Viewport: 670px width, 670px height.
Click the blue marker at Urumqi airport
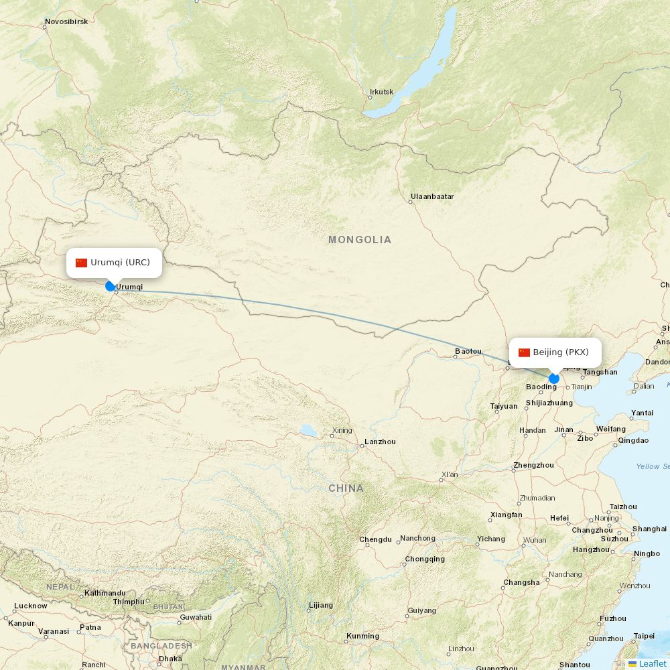111,286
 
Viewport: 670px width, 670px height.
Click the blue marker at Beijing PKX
553,379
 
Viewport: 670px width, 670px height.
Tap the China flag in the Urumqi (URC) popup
82,263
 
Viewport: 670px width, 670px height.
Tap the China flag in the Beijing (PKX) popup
524,352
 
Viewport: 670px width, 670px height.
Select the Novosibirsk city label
66,21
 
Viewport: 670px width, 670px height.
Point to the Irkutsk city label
382,92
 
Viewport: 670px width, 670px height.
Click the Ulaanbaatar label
432,196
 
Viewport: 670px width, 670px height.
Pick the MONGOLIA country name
360,239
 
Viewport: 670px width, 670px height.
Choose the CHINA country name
346,488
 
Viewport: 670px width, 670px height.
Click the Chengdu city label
375,539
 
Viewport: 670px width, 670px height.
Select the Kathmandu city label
105,593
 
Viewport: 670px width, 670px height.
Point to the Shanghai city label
649,529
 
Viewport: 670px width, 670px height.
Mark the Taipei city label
644,636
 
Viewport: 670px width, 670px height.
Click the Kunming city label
362,636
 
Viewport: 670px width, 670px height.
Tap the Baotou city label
468,351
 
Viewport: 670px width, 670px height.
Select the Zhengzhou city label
533,465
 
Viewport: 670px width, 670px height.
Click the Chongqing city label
425,559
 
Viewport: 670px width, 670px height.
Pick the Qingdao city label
633,440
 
